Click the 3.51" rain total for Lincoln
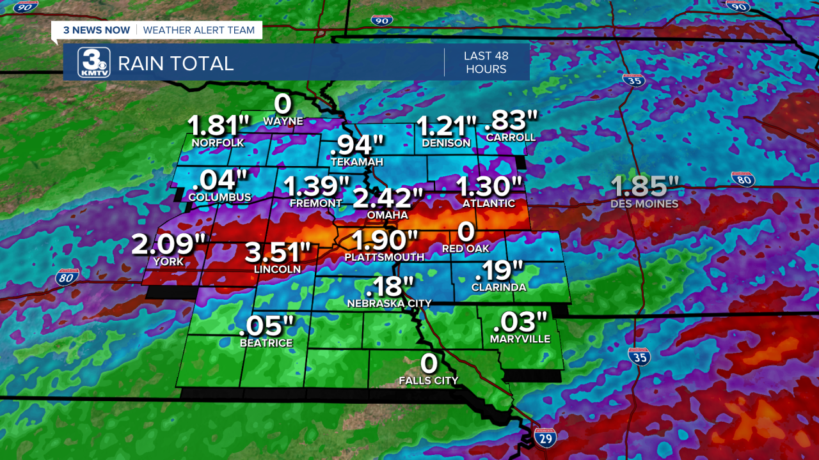[x=278, y=252]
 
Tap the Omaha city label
[x=387, y=215]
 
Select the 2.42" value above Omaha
[x=388, y=199]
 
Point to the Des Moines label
[x=644, y=204]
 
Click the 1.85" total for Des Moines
[x=644, y=187]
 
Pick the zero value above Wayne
[x=283, y=103]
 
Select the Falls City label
[x=429, y=381]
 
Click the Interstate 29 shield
[x=545, y=438]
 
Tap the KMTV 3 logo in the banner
[x=94, y=63]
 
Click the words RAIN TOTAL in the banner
[x=176, y=63]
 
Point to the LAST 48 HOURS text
[x=486, y=63]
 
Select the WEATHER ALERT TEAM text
[x=199, y=30]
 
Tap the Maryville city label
[x=520, y=339]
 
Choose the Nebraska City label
[x=389, y=303]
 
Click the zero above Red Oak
[x=466, y=231]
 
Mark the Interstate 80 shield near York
[x=67, y=277]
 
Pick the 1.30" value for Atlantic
[x=489, y=187]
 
